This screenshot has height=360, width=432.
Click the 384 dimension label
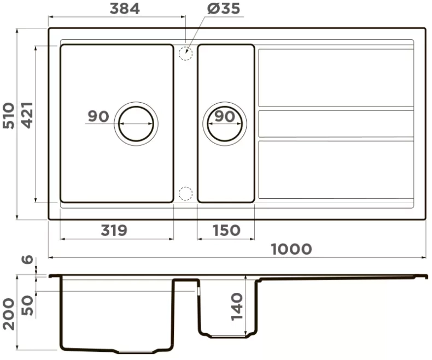[x=125, y=9]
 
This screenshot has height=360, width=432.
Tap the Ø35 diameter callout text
[x=224, y=9]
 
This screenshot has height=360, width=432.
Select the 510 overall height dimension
[x=9, y=116]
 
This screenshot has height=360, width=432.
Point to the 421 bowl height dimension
[x=27, y=115]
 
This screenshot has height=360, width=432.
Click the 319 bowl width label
[x=114, y=231]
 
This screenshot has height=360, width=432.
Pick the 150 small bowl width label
[x=226, y=231]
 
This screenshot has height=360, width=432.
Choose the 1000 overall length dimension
[x=291, y=249]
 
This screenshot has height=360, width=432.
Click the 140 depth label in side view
[x=237, y=306]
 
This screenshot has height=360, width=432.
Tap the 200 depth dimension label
[x=9, y=314]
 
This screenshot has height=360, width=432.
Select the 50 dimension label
[x=27, y=305]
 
